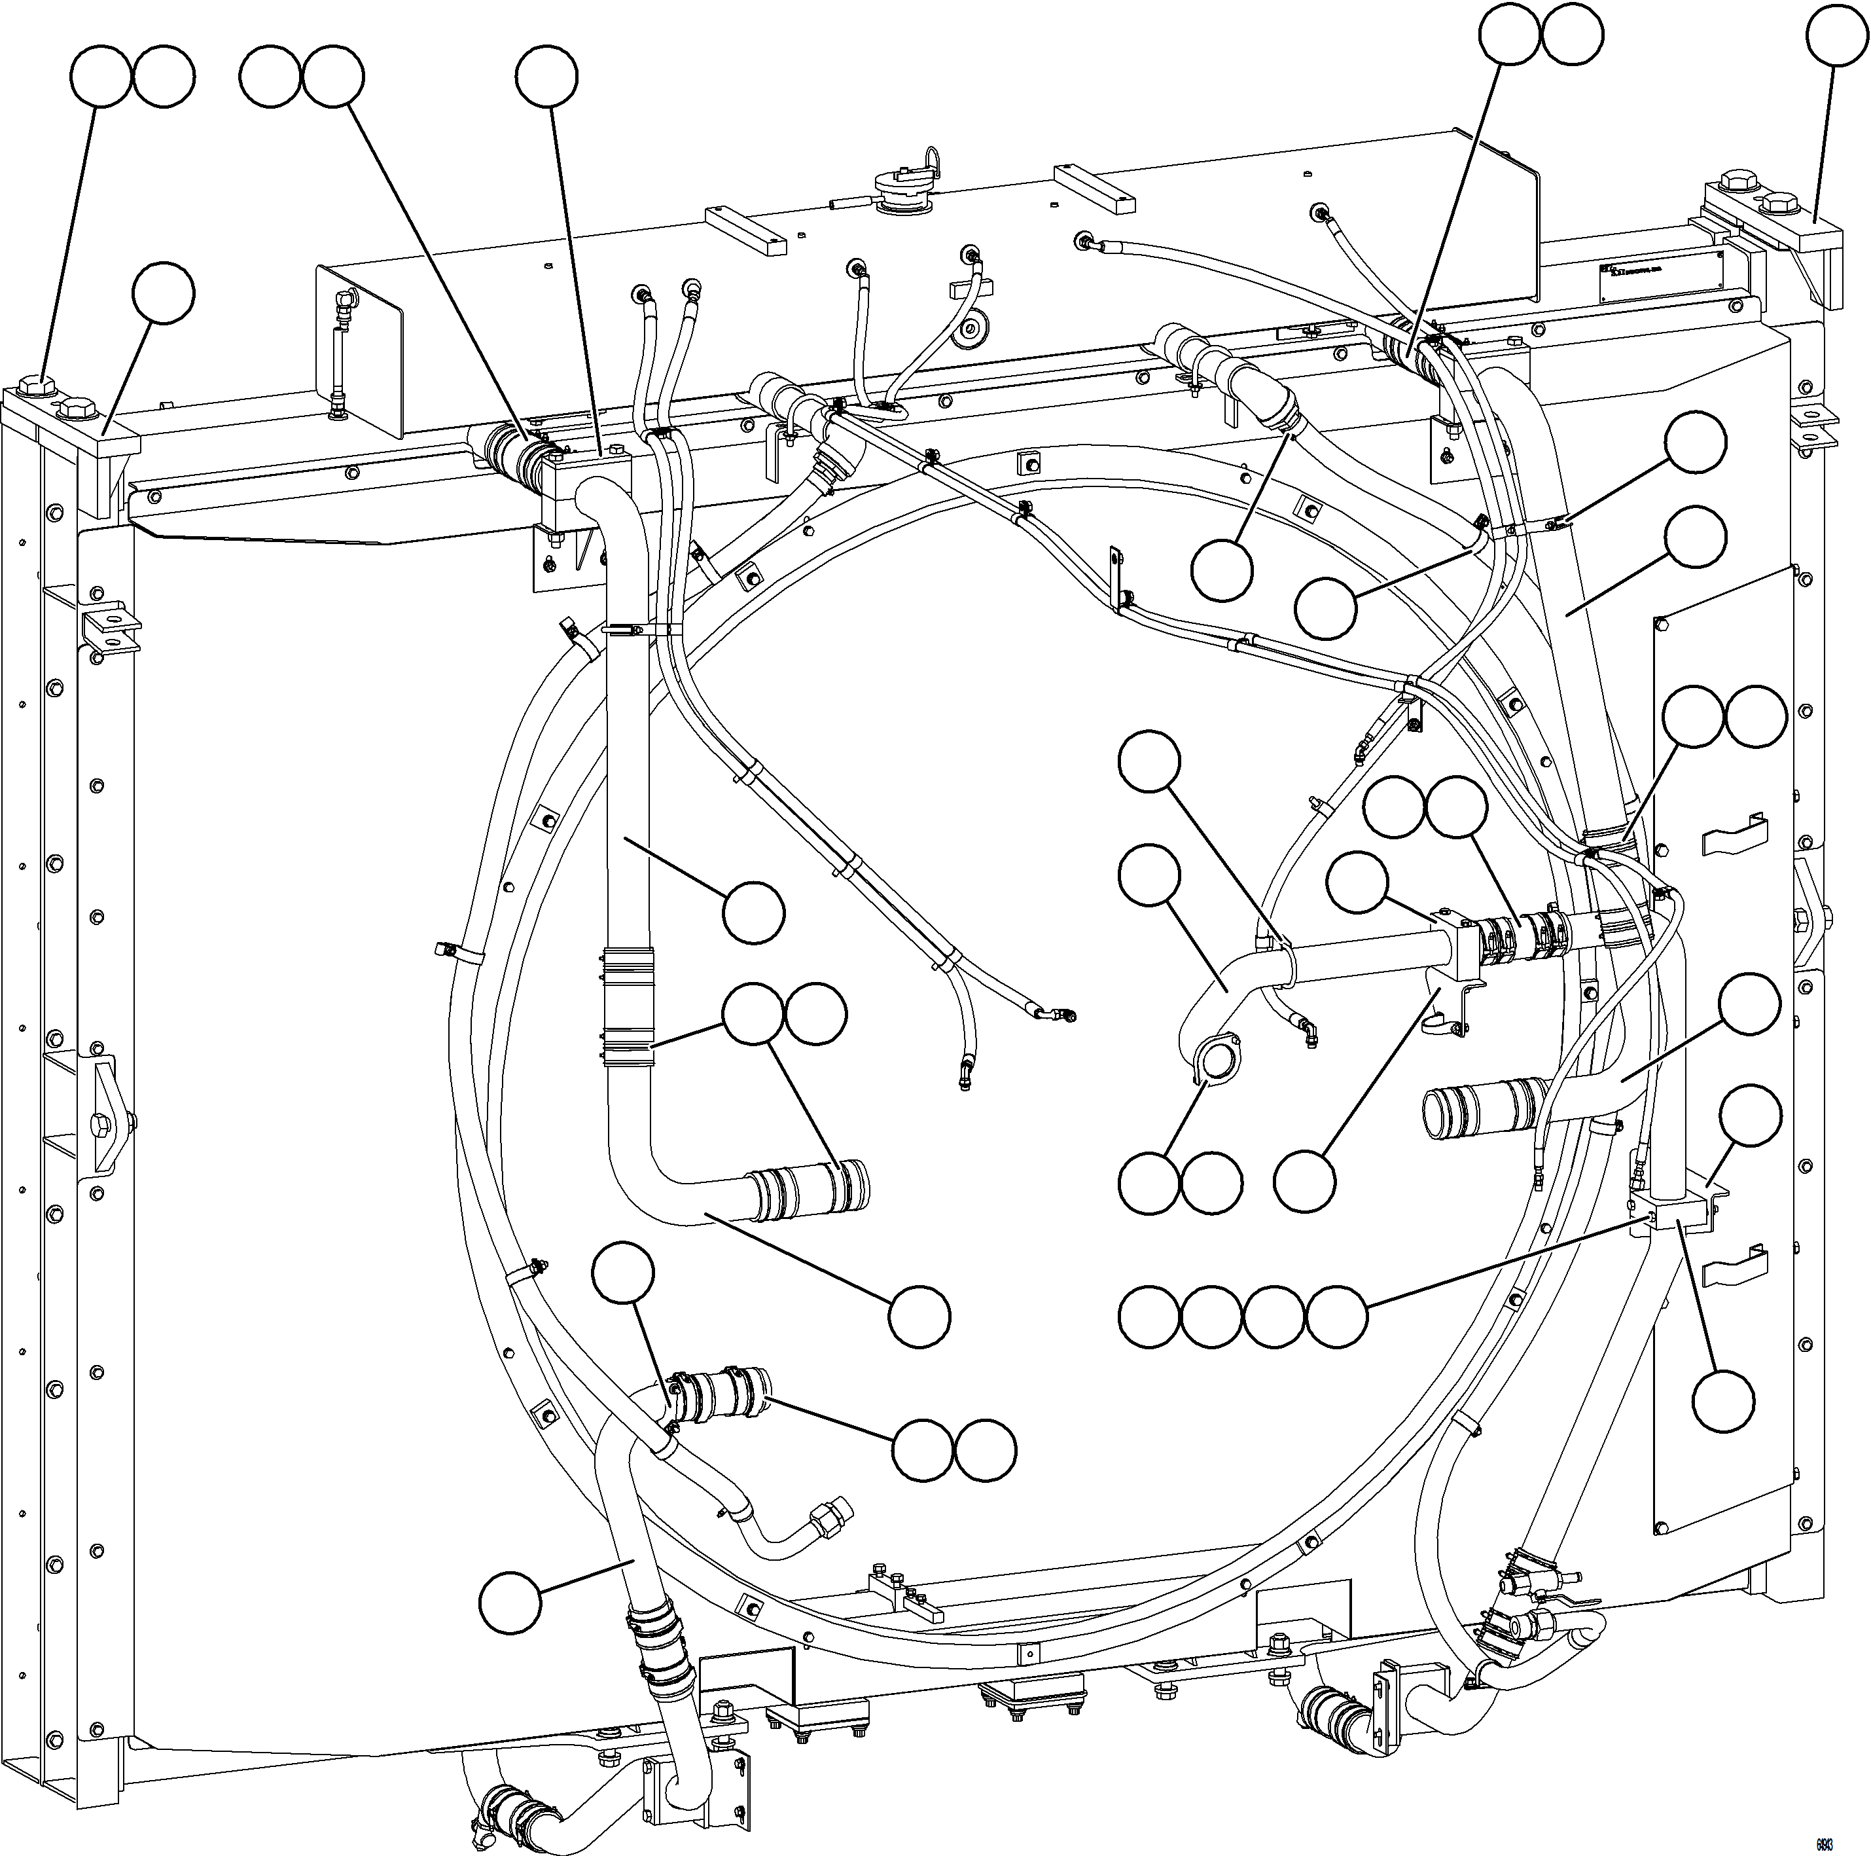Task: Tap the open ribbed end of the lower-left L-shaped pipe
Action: (x=858, y=1184)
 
